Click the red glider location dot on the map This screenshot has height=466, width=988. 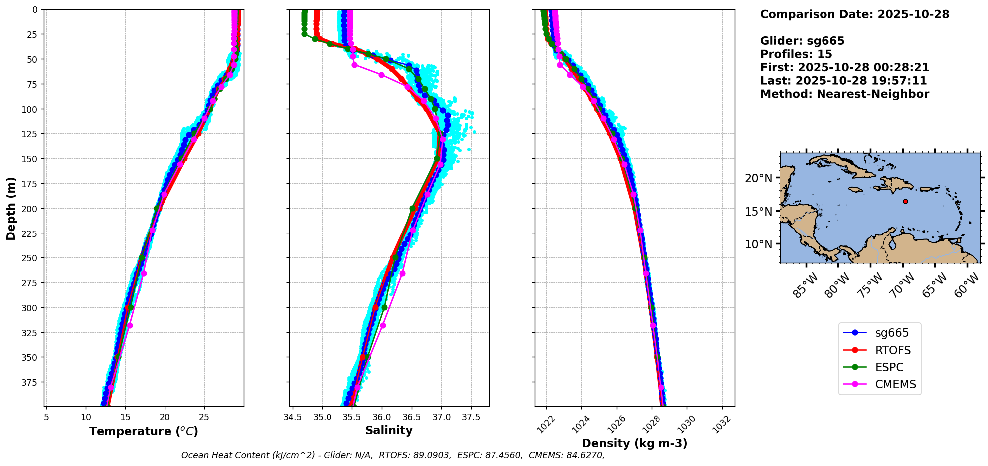click(x=905, y=202)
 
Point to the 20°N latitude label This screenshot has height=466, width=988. click(x=758, y=179)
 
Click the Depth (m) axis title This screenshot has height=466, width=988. click(x=11, y=208)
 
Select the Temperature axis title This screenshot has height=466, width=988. click(x=144, y=431)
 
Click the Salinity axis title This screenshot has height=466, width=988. click(x=389, y=431)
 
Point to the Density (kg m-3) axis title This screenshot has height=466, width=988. click(x=635, y=443)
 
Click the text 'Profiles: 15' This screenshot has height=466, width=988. click(x=796, y=54)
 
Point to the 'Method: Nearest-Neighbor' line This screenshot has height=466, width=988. click(x=844, y=94)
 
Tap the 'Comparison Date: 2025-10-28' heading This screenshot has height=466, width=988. click(x=854, y=14)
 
